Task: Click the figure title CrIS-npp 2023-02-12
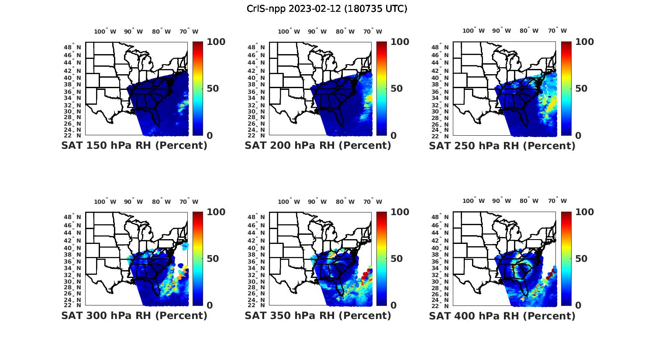point(327,9)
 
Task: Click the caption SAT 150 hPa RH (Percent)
point(134,146)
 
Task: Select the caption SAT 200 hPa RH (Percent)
point(318,146)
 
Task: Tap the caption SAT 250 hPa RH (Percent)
point(502,146)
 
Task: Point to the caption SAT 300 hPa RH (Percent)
point(134,315)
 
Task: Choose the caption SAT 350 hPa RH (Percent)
point(318,315)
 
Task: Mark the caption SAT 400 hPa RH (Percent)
point(502,315)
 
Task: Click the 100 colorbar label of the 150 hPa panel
point(216,42)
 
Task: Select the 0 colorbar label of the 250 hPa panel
point(578,136)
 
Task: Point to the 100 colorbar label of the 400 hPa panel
point(584,212)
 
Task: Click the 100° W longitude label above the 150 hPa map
point(105,31)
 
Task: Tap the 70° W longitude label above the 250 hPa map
point(558,31)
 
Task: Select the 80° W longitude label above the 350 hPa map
point(345,202)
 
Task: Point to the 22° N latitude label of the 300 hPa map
point(72,305)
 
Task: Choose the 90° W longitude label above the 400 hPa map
point(501,201)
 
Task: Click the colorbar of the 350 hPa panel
point(382,259)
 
